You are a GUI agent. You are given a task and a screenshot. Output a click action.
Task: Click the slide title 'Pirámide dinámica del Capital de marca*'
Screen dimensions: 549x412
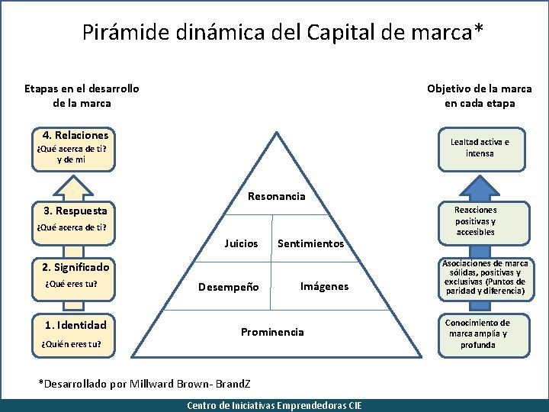283,32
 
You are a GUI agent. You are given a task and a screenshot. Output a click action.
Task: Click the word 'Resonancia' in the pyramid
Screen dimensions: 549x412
276,197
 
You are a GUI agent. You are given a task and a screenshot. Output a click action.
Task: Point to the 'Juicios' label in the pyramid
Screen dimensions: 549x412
241,244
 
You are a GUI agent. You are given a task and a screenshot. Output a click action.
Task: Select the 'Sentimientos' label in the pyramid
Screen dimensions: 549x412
310,244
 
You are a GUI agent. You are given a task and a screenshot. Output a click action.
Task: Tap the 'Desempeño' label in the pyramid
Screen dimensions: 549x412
228,288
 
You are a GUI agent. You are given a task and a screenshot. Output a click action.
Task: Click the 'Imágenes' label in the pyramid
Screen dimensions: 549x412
324,286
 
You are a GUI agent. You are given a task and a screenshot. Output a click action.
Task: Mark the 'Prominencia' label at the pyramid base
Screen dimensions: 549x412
272,332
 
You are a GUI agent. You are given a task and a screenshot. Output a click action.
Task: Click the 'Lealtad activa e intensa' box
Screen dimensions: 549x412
480,148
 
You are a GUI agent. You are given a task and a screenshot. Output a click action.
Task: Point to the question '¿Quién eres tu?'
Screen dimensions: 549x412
69,344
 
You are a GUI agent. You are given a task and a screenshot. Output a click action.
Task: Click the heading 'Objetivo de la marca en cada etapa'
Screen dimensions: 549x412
480,96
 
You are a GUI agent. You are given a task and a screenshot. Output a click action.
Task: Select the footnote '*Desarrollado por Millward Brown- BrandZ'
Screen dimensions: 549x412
144,383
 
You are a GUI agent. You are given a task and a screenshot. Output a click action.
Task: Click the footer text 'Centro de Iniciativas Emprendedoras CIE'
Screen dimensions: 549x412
274,406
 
